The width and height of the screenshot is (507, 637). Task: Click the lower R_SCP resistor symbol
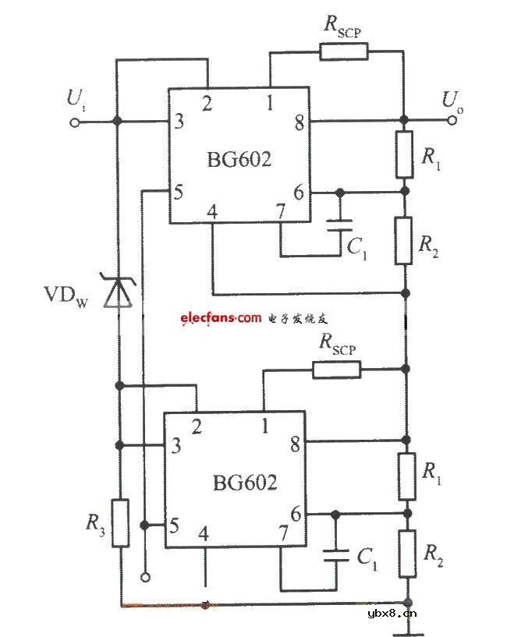(x=337, y=370)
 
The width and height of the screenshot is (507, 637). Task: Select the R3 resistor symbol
(x=119, y=523)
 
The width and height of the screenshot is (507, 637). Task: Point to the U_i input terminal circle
(x=76, y=121)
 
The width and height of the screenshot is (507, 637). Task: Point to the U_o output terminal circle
(x=452, y=121)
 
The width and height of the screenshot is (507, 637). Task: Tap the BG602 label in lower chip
(x=244, y=483)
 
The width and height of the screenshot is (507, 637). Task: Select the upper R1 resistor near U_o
(x=404, y=154)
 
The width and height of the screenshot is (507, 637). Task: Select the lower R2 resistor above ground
(x=406, y=554)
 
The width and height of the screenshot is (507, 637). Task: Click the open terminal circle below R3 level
(x=144, y=577)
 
